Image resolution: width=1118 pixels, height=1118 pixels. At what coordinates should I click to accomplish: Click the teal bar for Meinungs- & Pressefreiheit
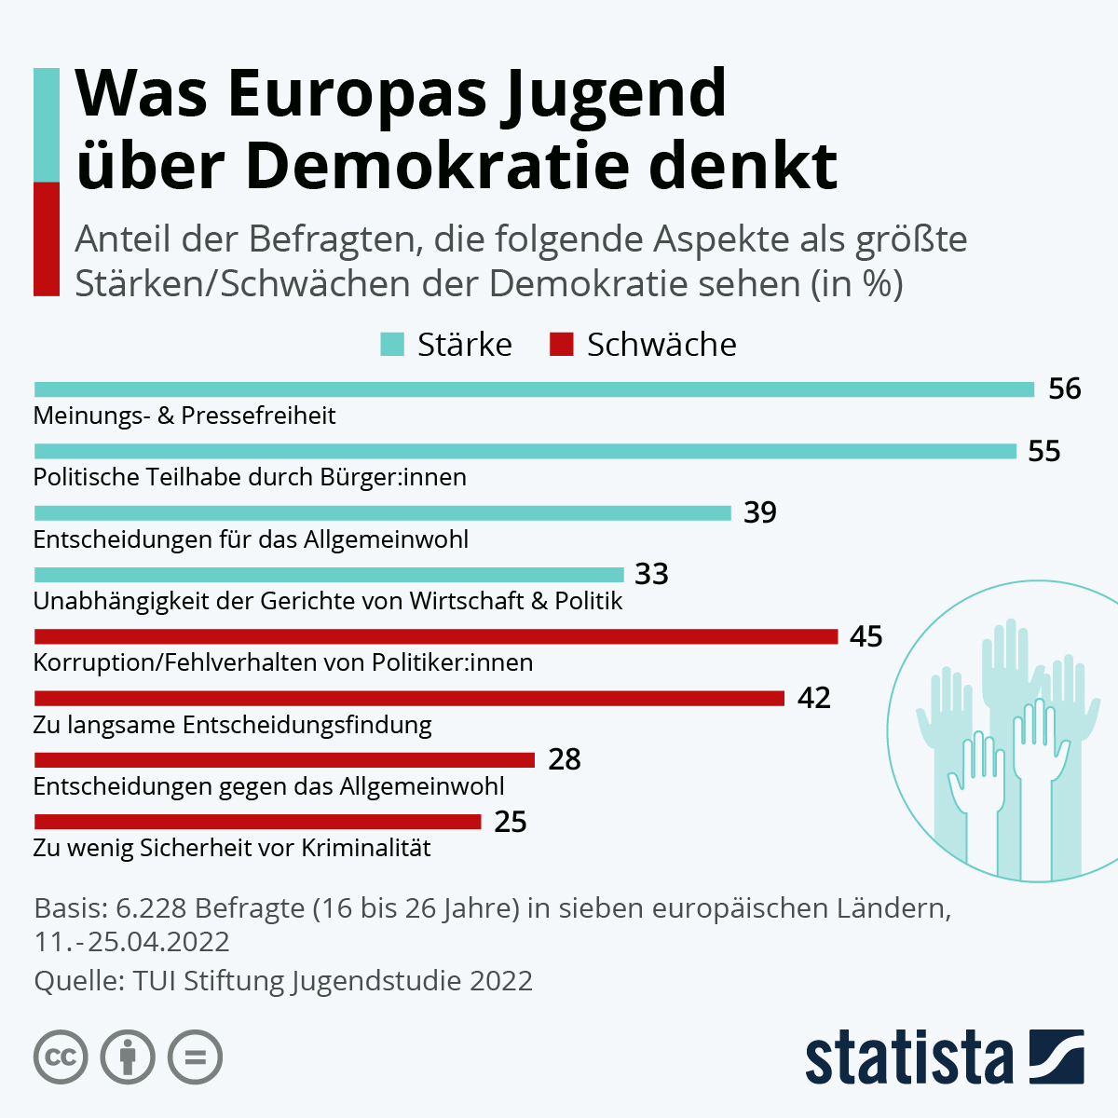534,389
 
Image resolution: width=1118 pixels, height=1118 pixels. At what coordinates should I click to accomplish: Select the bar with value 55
525,451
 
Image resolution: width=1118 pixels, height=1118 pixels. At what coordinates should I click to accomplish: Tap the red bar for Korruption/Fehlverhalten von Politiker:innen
436,636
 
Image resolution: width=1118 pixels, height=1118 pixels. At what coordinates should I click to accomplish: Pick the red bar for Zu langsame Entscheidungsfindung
409,698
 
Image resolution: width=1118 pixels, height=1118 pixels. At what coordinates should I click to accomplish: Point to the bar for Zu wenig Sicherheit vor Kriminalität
257,822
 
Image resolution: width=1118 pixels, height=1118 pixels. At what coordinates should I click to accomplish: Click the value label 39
760,512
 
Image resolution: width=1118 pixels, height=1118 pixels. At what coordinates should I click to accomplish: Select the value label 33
651,574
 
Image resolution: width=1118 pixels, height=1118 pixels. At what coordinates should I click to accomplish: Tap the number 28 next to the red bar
565,759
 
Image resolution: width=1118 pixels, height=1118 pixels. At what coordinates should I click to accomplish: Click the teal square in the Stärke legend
392,345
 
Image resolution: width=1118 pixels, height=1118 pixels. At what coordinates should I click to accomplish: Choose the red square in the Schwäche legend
561,345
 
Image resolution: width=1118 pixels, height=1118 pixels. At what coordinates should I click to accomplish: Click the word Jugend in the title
614,93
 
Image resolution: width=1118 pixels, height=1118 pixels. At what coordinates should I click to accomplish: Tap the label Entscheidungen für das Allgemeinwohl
251,539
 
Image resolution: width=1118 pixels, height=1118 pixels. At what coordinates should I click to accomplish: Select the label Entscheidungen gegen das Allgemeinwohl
268,786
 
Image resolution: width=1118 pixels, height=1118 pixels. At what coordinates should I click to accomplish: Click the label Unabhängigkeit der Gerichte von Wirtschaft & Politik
328,601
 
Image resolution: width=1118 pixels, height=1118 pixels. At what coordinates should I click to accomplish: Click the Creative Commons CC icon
61,1057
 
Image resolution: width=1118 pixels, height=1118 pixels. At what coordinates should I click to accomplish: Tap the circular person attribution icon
129,1057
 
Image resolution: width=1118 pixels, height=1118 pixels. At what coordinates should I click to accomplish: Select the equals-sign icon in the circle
196,1057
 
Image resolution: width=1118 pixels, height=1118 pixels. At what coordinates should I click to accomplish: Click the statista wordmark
908,1057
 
